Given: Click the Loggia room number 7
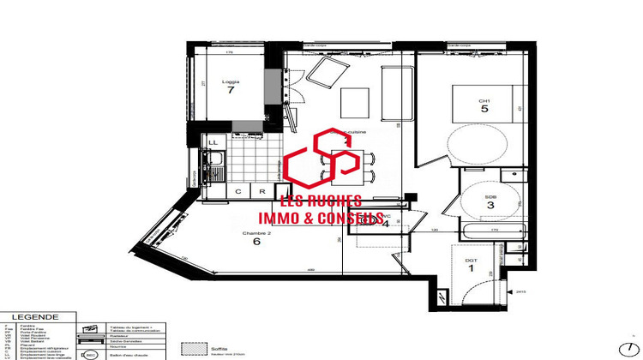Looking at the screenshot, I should [230, 89].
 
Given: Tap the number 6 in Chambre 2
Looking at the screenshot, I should [256, 242].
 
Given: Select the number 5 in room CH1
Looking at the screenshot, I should [484, 110].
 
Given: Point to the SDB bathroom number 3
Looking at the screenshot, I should [490, 206].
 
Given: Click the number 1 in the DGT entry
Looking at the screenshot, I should [471, 268].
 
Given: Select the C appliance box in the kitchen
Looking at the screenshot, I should [238, 192].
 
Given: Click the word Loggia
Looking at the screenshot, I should [229, 80].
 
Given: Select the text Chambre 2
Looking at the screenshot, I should [256, 232].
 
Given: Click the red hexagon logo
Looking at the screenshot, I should [322, 160].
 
